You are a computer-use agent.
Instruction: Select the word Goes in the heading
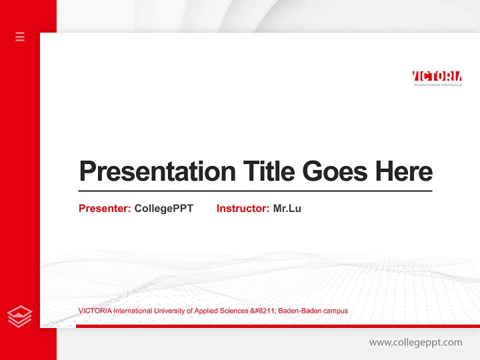tap(335, 171)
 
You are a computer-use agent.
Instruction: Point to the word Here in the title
tap(404, 171)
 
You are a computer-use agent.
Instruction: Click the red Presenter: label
tap(104, 208)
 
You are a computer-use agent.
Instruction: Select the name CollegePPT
tap(163, 208)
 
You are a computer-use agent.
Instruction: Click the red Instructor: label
tap(242, 208)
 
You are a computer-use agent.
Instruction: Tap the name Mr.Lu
tap(287, 208)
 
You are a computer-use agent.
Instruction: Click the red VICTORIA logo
tap(436, 76)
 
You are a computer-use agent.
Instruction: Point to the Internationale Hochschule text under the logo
tap(437, 85)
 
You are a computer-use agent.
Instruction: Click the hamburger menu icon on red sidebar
tap(20, 36)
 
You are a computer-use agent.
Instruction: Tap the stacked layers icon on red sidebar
tap(20, 316)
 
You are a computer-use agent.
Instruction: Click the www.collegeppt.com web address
tap(415, 342)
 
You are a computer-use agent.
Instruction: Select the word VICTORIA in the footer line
tap(95, 311)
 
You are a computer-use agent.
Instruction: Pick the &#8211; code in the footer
tap(262, 311)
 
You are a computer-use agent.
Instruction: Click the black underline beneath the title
tap(255, 190)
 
